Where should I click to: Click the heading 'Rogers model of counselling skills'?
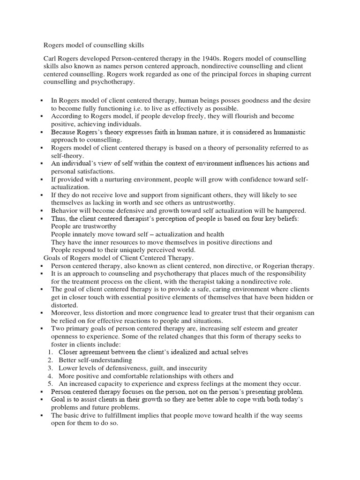94,45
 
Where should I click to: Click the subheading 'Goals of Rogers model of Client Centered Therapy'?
119,258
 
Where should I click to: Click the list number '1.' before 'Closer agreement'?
50,352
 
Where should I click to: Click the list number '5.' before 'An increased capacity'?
50,383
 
